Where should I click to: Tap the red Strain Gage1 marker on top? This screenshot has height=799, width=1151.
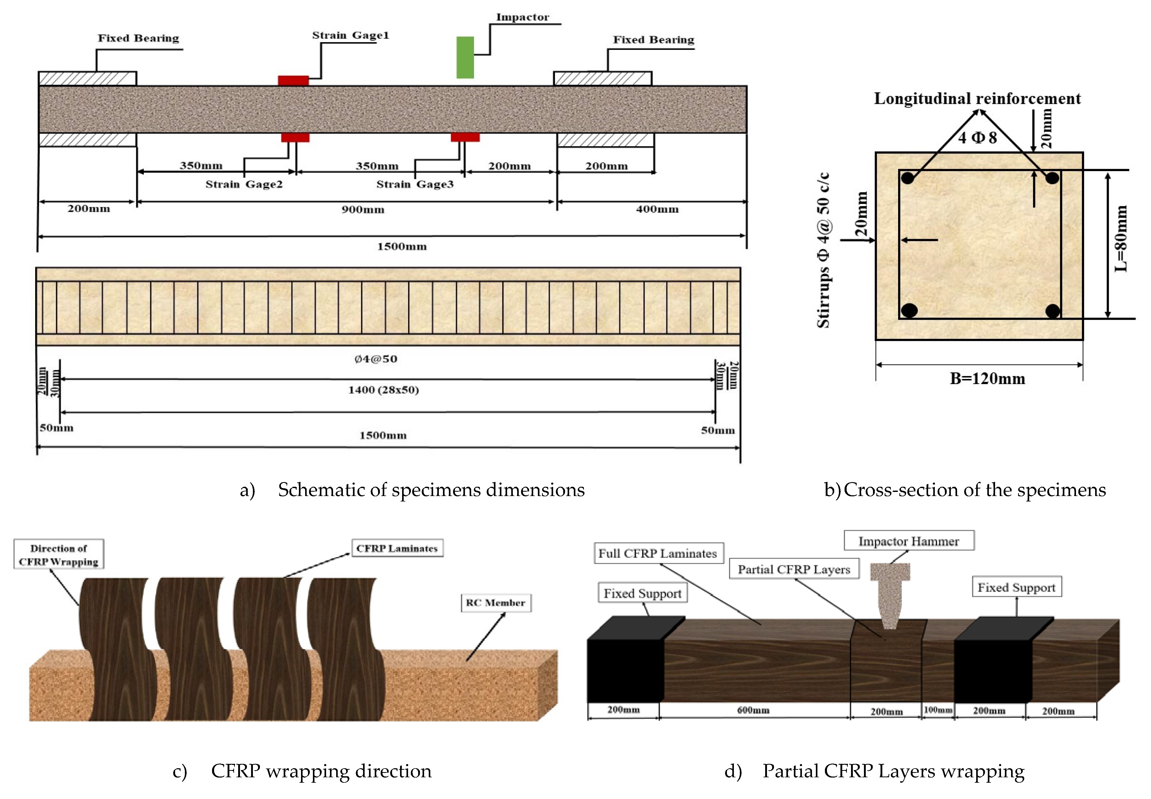[293, 81]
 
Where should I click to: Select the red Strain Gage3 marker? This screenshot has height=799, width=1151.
[465, 137]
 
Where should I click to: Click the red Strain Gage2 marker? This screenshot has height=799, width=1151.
[295, 137]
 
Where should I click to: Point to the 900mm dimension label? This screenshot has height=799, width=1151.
[363, 210]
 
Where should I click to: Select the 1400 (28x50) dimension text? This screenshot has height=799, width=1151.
[383, 390]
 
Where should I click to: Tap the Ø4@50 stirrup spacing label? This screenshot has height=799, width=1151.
[376, 359]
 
